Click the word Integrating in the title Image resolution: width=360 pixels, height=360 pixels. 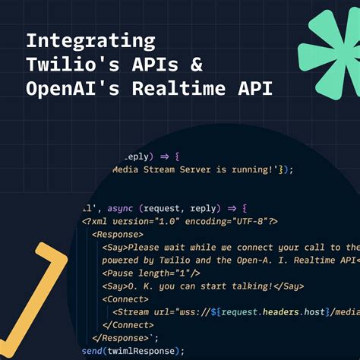[90, 40]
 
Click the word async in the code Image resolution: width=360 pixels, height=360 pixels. [122, 207]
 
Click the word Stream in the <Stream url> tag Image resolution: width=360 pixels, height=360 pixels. [136, 311]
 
